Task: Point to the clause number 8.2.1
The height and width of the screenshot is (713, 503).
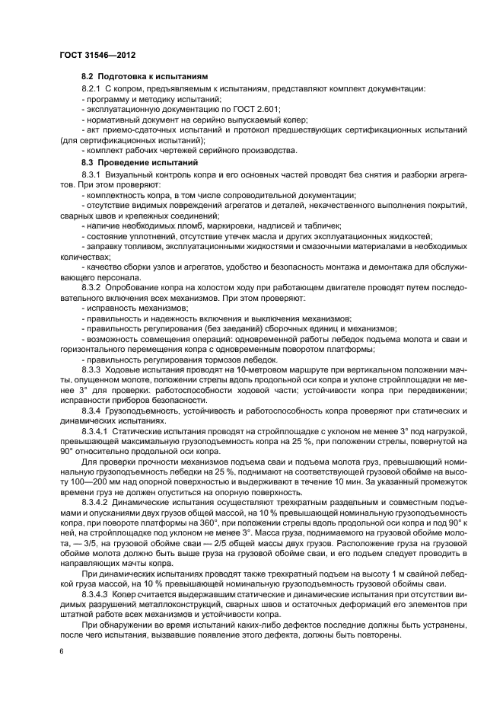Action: pyautogui.click(x=91, y=89)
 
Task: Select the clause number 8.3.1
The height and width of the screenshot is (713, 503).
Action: pyautogui.click(x=91, y=174)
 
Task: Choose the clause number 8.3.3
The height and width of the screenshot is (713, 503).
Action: pyautogui.click(x=91, y=366)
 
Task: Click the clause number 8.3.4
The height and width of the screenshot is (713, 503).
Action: pyautogui.click(x=91, y=409)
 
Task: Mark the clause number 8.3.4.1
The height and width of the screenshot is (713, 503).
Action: pyautogui.click(x=95, y=430)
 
